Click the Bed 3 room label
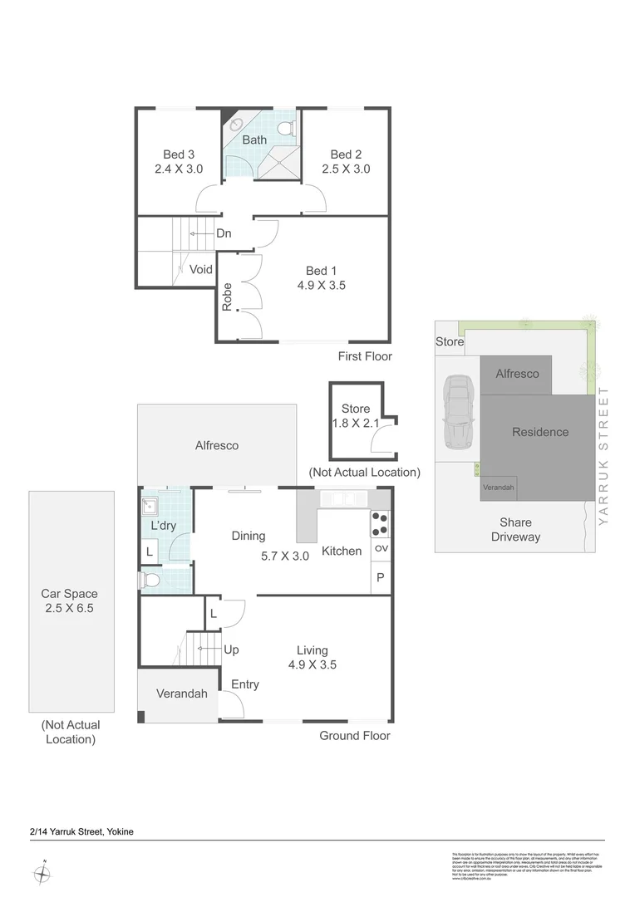(179, 154)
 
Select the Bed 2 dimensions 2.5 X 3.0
(346, 169)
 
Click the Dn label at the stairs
(224, 234)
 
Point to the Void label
(201, 269)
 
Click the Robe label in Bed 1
(227, 297)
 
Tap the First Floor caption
(364, 356)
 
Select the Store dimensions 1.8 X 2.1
(356, 424)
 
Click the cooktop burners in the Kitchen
(380, 522)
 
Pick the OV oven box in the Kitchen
(381, 548)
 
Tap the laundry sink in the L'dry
(151, 505)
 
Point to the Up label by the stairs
(231, 649)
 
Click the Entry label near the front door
(245, 684)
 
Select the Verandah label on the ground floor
(181, 694)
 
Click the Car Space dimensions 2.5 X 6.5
(70, 608)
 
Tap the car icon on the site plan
(457, 410)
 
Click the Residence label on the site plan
(540, 432)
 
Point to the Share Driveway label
(515, 530)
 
